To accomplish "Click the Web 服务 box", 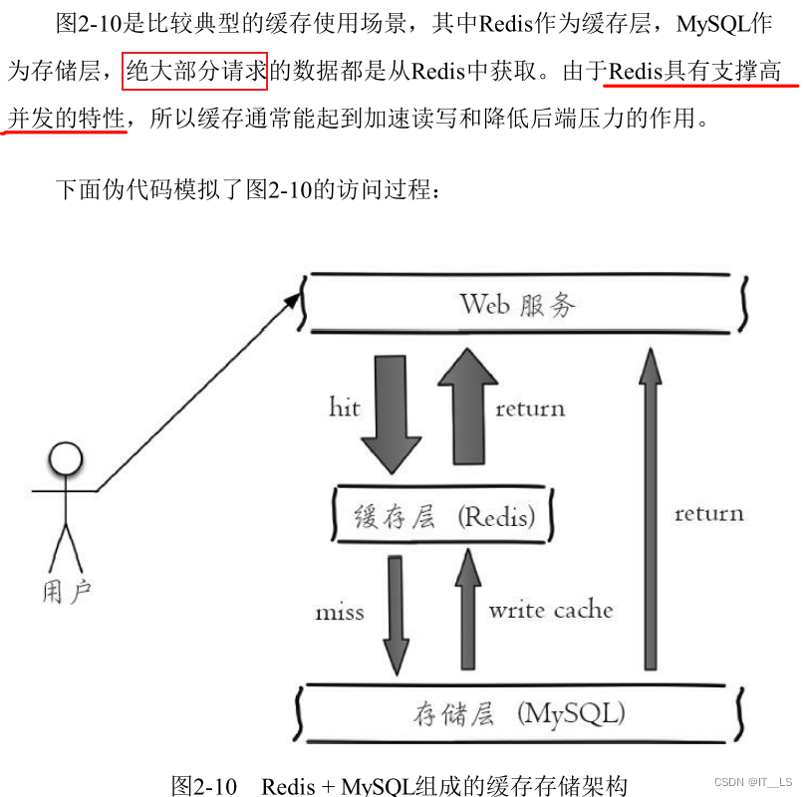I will coord(525,303).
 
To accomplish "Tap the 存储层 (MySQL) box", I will coord(518,713).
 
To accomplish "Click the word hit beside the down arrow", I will coord(345,406).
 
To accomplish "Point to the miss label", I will coord(340,612).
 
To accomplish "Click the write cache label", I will coord(550,609).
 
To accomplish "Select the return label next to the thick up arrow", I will coord(530,407).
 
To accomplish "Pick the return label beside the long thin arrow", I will coord(708,514).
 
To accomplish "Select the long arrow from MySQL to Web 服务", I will coord(651,508).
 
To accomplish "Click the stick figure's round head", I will coord(66,459).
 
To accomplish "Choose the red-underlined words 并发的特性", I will coord(67,121).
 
